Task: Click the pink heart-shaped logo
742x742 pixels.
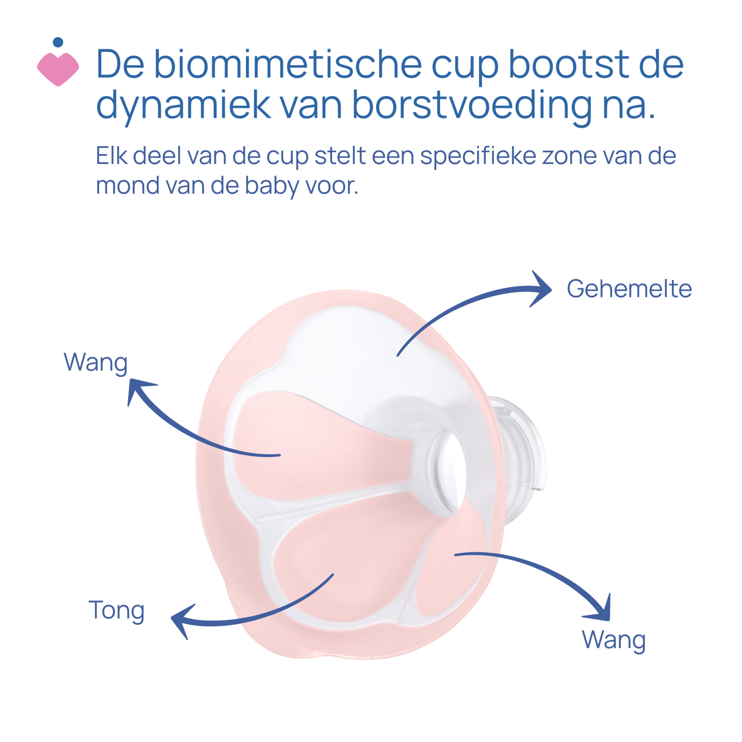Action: [x=58, y=68]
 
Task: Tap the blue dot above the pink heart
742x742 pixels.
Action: [x=57, y=42]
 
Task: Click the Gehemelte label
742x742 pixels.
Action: [x=629, y=289]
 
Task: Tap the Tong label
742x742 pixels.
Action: [x=116, y=610]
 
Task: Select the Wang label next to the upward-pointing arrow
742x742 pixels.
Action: [x=96, y=362]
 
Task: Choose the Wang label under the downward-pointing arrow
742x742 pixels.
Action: [x=613, y=640]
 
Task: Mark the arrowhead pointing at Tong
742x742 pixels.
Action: [x=181, y=620]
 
